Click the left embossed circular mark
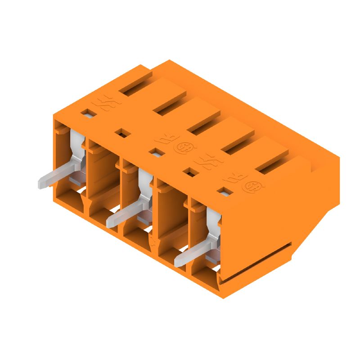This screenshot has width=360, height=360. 183,147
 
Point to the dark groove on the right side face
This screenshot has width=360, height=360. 256,259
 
